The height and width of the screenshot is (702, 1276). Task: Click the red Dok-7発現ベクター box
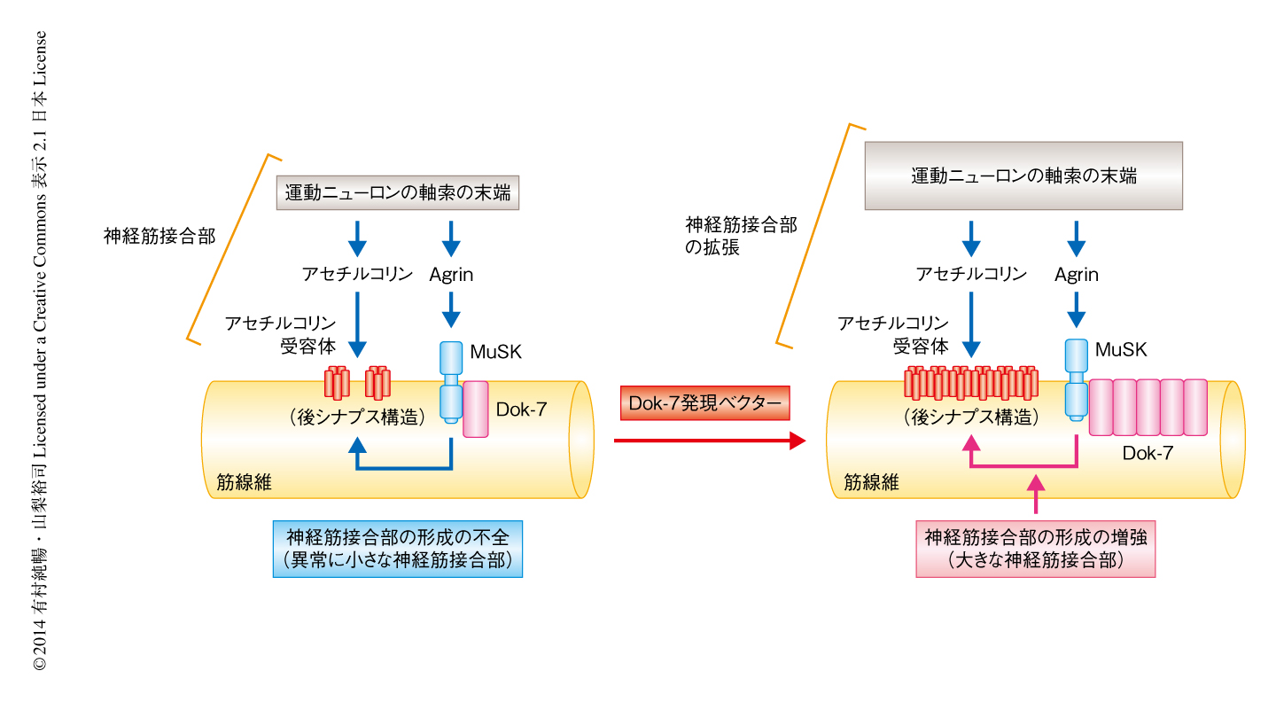click(705, 404)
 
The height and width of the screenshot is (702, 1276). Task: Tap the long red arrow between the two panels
click(709, 440)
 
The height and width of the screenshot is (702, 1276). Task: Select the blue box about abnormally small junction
click(397, 549)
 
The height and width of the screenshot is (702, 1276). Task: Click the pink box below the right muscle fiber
click(1036, 549)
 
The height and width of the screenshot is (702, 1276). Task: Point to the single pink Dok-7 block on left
click(475, 409)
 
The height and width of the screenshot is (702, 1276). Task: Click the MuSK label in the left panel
click(495, 352)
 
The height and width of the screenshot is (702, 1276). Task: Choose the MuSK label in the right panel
click(1121, 349)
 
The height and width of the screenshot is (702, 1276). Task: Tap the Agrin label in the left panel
click(451, 274)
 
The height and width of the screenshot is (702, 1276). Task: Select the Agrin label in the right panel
click(1076, 274)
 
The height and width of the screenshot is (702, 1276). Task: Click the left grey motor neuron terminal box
click(398, 192)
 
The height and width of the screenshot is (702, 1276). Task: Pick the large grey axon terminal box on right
click(1023, 175)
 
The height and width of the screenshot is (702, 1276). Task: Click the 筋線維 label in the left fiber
click(244, 483)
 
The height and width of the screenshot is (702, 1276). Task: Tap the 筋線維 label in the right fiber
click(871, 483)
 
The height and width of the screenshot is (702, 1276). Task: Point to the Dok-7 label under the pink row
click(1148, 453)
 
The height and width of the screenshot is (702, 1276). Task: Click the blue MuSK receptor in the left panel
click(452, 382)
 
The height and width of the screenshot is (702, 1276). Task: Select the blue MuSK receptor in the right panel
click(1077, 378)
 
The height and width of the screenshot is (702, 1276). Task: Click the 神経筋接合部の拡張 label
click(741, 237)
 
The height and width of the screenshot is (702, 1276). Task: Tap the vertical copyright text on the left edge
click(40, 351)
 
